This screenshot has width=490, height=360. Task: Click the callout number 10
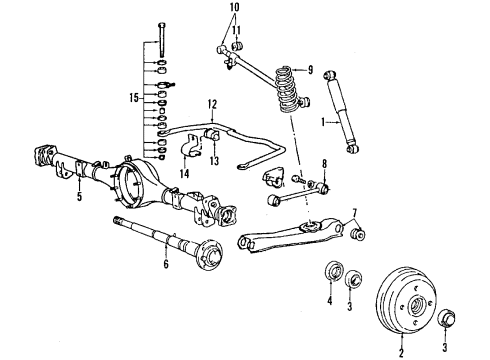click(x=234, y=8)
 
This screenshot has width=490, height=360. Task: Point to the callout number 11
click(x=236, y=31)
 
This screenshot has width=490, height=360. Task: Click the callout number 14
click(x=183, y=174)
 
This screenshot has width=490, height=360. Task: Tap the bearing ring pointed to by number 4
click(x=332, y=275)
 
